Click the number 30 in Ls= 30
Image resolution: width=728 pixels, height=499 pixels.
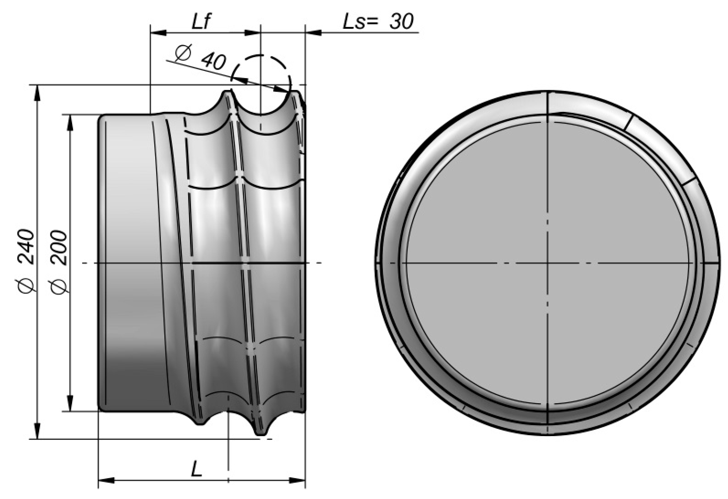click(401, 22)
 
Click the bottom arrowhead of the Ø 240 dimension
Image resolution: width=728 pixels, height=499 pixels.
click(37, 431)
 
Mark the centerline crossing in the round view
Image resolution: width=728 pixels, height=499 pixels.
click(547, 263)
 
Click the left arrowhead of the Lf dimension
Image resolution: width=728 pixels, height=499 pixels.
click(158, 32)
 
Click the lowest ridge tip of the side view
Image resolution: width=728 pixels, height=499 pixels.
click(261, 435)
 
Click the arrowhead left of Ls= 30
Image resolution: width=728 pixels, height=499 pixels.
click(313, 32)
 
